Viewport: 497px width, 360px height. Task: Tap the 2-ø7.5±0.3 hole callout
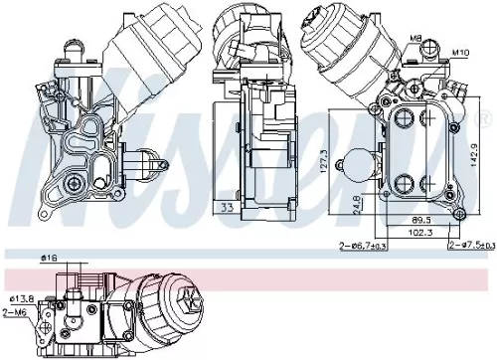click(470, 245)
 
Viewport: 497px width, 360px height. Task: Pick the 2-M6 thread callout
click(15, 312)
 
